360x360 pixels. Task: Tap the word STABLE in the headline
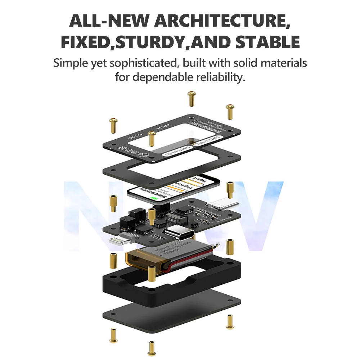(x=268, y=42)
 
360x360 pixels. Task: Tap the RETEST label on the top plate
(x=164, y=127)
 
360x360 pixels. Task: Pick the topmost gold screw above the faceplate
(x=191, y=98)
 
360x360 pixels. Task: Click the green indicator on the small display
(x=155, y=198)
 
